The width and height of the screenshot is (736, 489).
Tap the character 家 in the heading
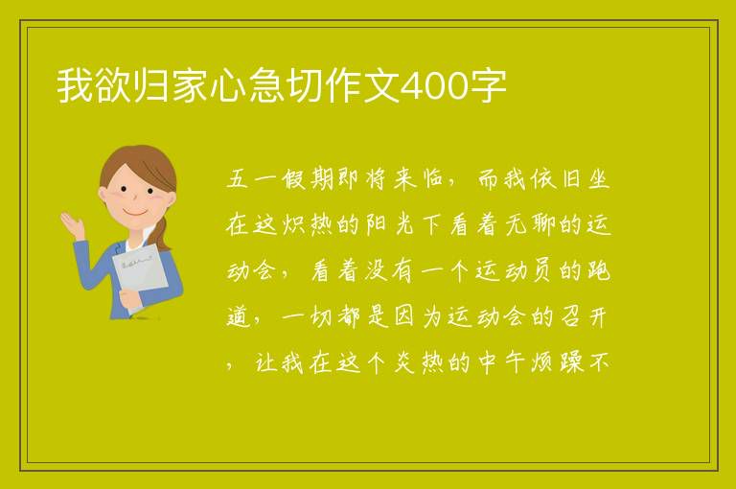pyautogui.click(x=190, y=85)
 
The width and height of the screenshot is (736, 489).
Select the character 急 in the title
pyautogui.click(x=266, y=85)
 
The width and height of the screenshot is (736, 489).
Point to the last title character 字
pyautogui.click(x=489, y=85)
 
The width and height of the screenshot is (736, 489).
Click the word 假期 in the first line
pyautogui.click(x=308, y=179)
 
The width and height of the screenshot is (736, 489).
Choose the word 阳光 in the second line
pyautogui.click(x=391, y=224)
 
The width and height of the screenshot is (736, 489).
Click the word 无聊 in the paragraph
pyautogui.click(x=530, y=224)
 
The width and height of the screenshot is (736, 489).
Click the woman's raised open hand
pyautogui.click(x=72, y=224)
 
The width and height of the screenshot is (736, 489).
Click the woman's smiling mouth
pyautogui.click(x=135, y=213)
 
